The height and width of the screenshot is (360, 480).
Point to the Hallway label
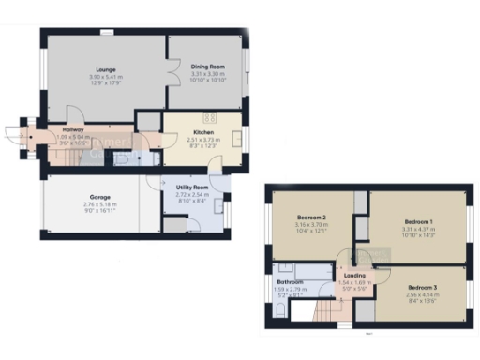(x=73, y=129)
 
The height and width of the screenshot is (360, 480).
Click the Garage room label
(x=97, y=197)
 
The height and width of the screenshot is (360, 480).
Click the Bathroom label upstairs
(x=290, y=282)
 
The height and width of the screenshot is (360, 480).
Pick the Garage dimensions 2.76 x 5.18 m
(x=97, y=204)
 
